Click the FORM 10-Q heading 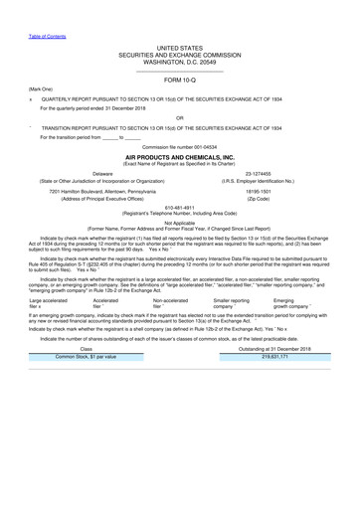point(179,79)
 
